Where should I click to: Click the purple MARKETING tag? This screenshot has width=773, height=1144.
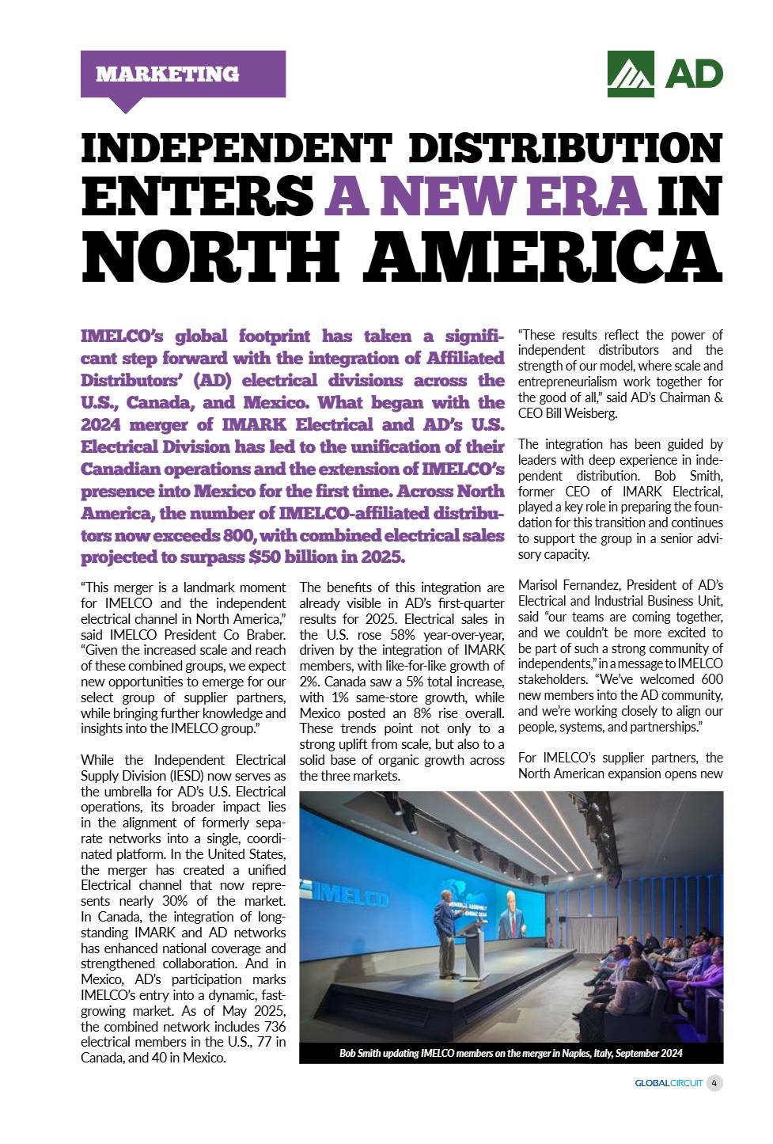click(x=183, y=74)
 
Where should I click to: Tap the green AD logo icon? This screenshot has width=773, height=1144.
click(x=631, y=74)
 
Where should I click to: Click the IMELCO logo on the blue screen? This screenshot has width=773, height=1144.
click(x=349, y=897)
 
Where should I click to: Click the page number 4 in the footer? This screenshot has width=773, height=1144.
click(x=714, y=1082)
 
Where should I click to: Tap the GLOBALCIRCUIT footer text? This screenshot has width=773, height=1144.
click(x=669, y=1083)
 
